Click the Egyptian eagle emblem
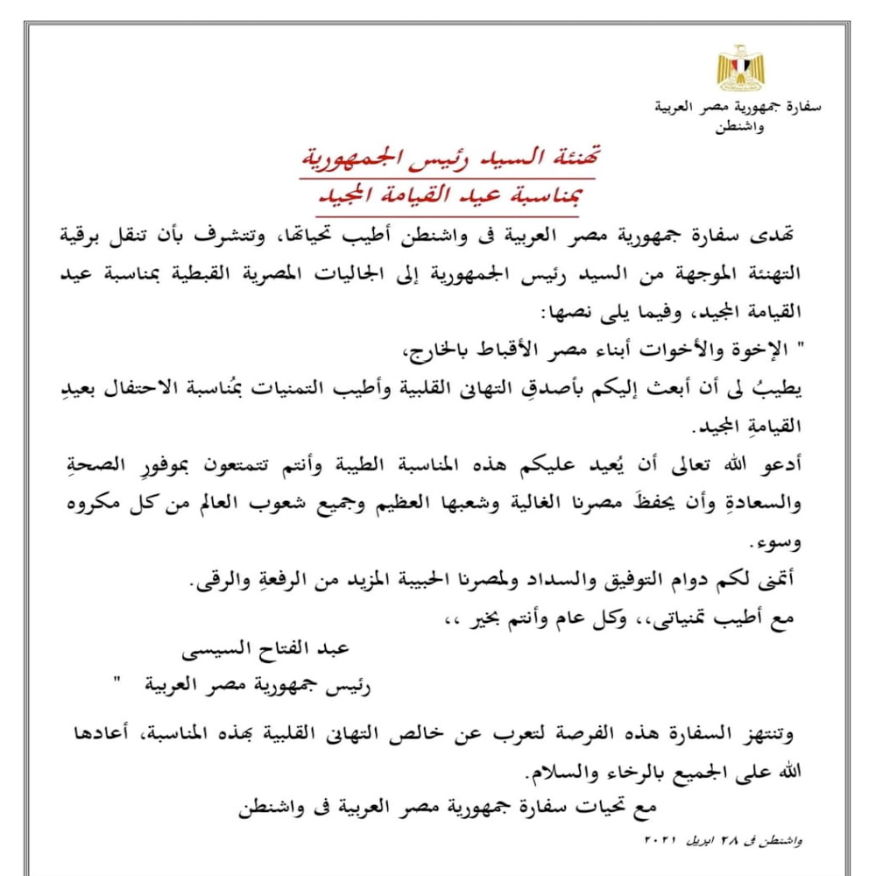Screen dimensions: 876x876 (x=740, y=68)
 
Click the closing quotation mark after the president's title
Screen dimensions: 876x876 (x=117, y=684)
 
